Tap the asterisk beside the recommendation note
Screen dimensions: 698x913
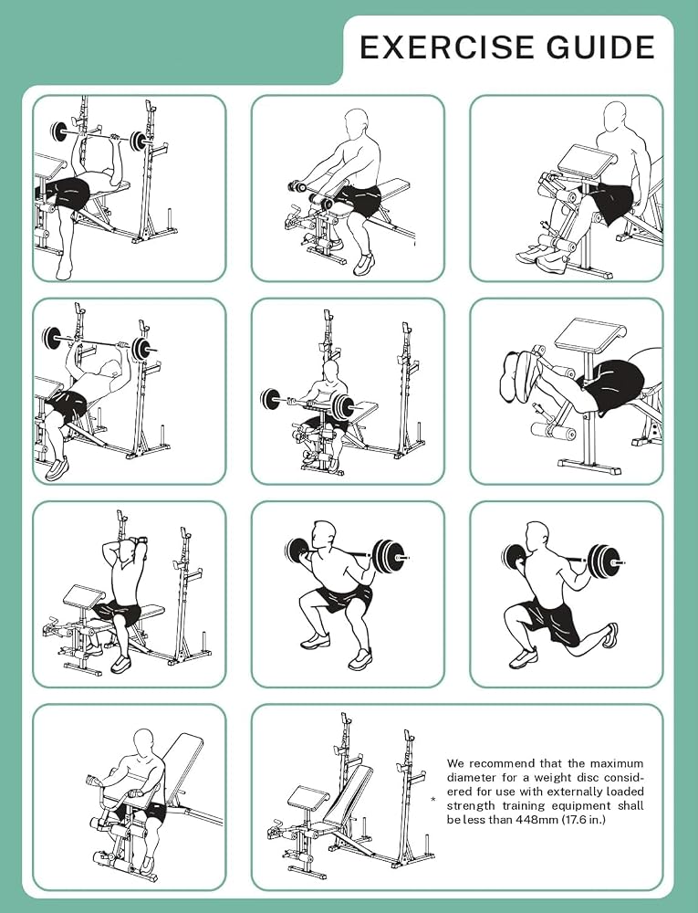pyautogui.click(x=432, y=800)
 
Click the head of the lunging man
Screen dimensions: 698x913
pyautogui.click(x=536, y=536)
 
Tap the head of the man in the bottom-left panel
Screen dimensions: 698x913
pyautogui.click(x=145, y=741)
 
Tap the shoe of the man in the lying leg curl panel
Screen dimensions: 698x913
pyautogui.click(x=517, y=373)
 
